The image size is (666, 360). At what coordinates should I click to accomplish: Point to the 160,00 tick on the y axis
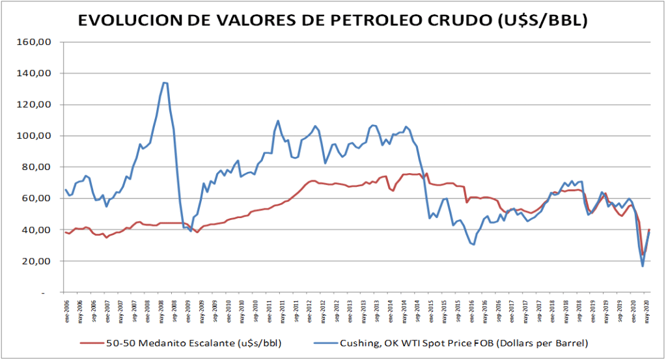click(x=38, y=42)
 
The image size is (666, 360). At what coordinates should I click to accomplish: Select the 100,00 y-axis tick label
click(x=38, y=136)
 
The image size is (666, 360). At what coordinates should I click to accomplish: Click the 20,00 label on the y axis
click(x=40, y=261)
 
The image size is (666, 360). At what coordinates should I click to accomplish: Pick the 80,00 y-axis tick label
click(x=40, y=167)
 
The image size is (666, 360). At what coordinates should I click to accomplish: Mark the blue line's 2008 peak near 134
click(x=164, y=83)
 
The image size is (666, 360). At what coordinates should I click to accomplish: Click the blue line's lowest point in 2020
click(x=643, y=266)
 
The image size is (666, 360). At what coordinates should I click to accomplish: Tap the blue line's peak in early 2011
click(x=278, y=120)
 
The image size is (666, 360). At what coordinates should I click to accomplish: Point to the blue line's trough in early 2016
click(x=473, y=244)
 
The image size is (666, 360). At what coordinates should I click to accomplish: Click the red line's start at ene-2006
click(x=66, y=232)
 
